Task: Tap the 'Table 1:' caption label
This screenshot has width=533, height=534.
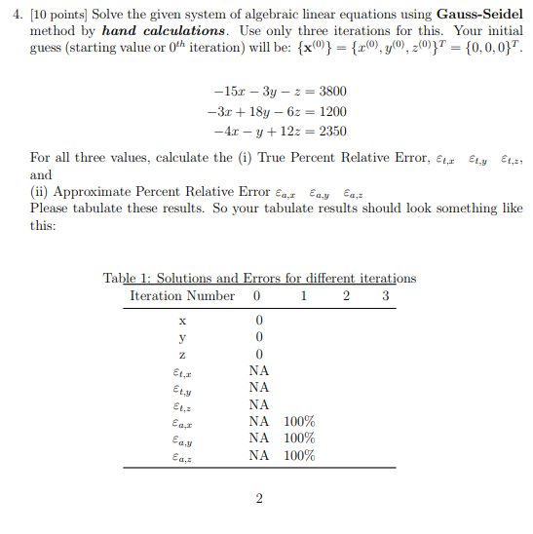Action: click(x=129, y=278)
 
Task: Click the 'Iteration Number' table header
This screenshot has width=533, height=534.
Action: click(x=182, y=295)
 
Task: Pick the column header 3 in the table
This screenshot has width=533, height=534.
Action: click(x=386, y=295)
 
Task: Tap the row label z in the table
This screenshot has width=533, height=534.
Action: click(x=182, y=354)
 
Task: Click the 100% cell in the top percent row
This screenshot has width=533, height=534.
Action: click(x=300, y=421)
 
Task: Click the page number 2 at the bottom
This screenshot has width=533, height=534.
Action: click(x=259, y=500)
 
